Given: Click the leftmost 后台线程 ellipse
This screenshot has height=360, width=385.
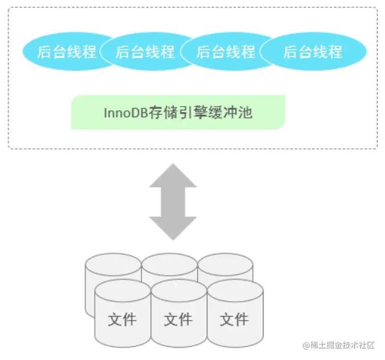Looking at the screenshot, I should tap(67, 51).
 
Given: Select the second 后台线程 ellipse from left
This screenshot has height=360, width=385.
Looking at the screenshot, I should tap(145, 51).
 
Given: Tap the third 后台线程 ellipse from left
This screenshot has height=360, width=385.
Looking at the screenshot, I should tap(226, 51).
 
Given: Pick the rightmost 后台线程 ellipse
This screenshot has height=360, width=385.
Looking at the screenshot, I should tap(313, 51).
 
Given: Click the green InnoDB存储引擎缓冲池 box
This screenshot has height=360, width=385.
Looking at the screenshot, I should tap(178, 112).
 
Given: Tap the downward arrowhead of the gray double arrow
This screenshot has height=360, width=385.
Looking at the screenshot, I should tap(173, 228).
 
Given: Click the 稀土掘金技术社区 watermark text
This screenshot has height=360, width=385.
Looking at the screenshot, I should tap(342, 345).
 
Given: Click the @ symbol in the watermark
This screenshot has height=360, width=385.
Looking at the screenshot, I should tap(306, 345).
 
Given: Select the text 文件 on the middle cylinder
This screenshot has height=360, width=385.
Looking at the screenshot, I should tap(178, 319).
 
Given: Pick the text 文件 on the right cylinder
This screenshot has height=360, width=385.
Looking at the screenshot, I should tap(234, 319).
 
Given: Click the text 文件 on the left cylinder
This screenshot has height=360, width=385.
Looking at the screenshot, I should tap(122, 319).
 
